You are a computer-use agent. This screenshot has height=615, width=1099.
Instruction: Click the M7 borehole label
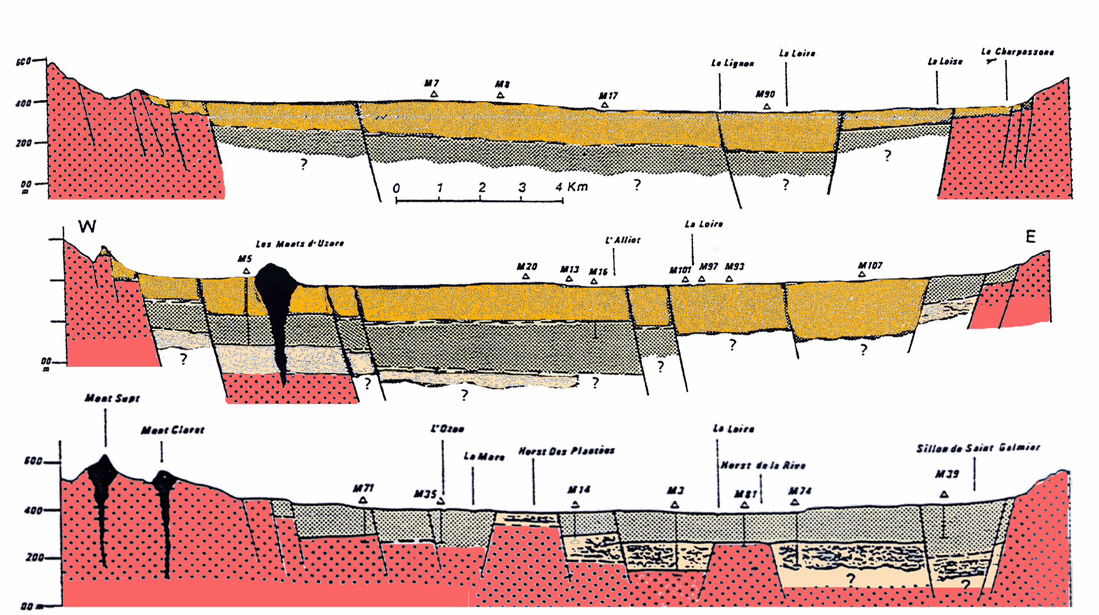pos(431,83)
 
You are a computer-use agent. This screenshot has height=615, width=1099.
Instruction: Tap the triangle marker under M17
pos(605,105)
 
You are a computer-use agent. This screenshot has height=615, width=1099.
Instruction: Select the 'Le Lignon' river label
pos(732,63)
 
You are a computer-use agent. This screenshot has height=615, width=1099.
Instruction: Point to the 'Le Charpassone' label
pos(1017,52)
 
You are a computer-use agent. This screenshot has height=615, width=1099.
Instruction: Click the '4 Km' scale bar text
pos(572,187)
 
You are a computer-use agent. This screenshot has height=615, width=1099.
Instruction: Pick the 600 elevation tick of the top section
pos(23,62)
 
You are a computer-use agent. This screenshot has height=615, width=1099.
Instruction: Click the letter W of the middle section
pos(87,227)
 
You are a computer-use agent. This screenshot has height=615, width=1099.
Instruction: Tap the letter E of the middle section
pos(1030,237)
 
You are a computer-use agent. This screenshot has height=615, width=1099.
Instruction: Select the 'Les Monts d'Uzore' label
pos(300,244)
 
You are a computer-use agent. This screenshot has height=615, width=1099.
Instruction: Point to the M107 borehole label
pos(870,266)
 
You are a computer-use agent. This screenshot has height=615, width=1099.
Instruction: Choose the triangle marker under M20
pos(525,276)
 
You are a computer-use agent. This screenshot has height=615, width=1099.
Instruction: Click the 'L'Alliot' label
pos(623,240)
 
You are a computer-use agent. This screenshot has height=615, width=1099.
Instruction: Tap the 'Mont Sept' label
pos(112,398)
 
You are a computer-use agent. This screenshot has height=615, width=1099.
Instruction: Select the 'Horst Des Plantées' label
pos(566,451)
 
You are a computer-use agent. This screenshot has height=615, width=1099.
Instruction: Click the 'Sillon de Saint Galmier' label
pos(977,448)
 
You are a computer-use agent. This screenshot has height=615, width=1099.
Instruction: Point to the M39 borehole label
pos(947,474)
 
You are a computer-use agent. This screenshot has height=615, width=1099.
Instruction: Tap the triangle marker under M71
pos(363,500)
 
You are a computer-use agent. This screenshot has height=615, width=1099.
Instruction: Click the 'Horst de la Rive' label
pos(762,466)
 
